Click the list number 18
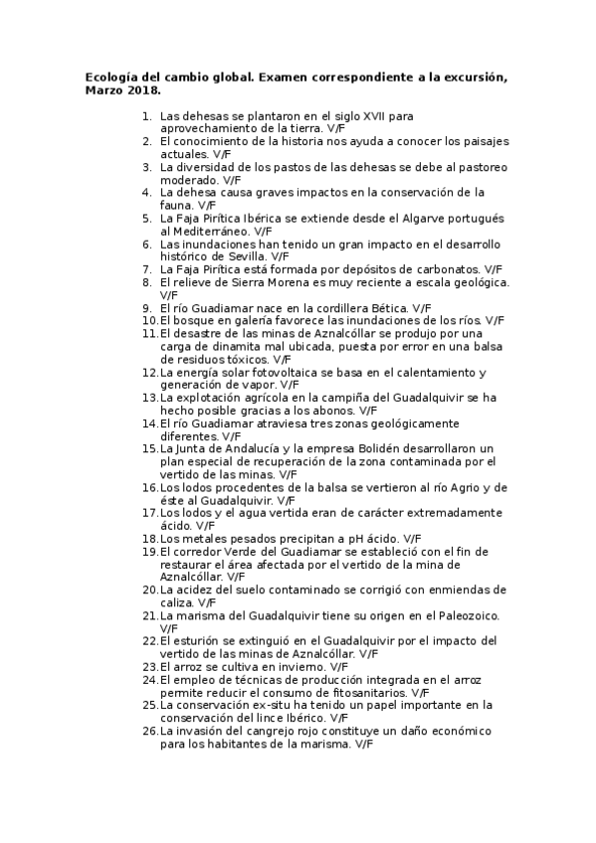tap(149, 538)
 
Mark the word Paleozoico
tap(465, 615)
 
